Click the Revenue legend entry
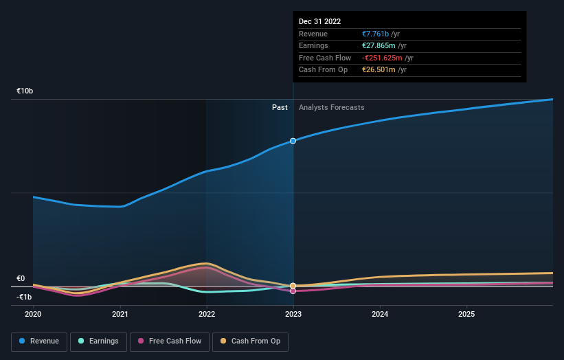tap(39, 341)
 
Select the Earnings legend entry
tap(98, 341)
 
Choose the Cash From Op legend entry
tap(251, 341)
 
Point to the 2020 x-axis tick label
tap(33, 315)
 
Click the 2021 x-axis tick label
tap(120, 315)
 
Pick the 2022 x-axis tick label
tap(207, 315)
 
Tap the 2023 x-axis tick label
tap(293, 315)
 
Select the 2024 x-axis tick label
tap(380, 315)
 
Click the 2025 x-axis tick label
tap(466, 315)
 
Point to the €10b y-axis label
tap(25, 91)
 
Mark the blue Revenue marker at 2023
tap(293, 141)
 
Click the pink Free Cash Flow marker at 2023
tap(293, 291)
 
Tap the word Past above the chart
tap(280, 107)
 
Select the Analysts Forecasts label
tap(331, 107)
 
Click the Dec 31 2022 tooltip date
tap(319, 22)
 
